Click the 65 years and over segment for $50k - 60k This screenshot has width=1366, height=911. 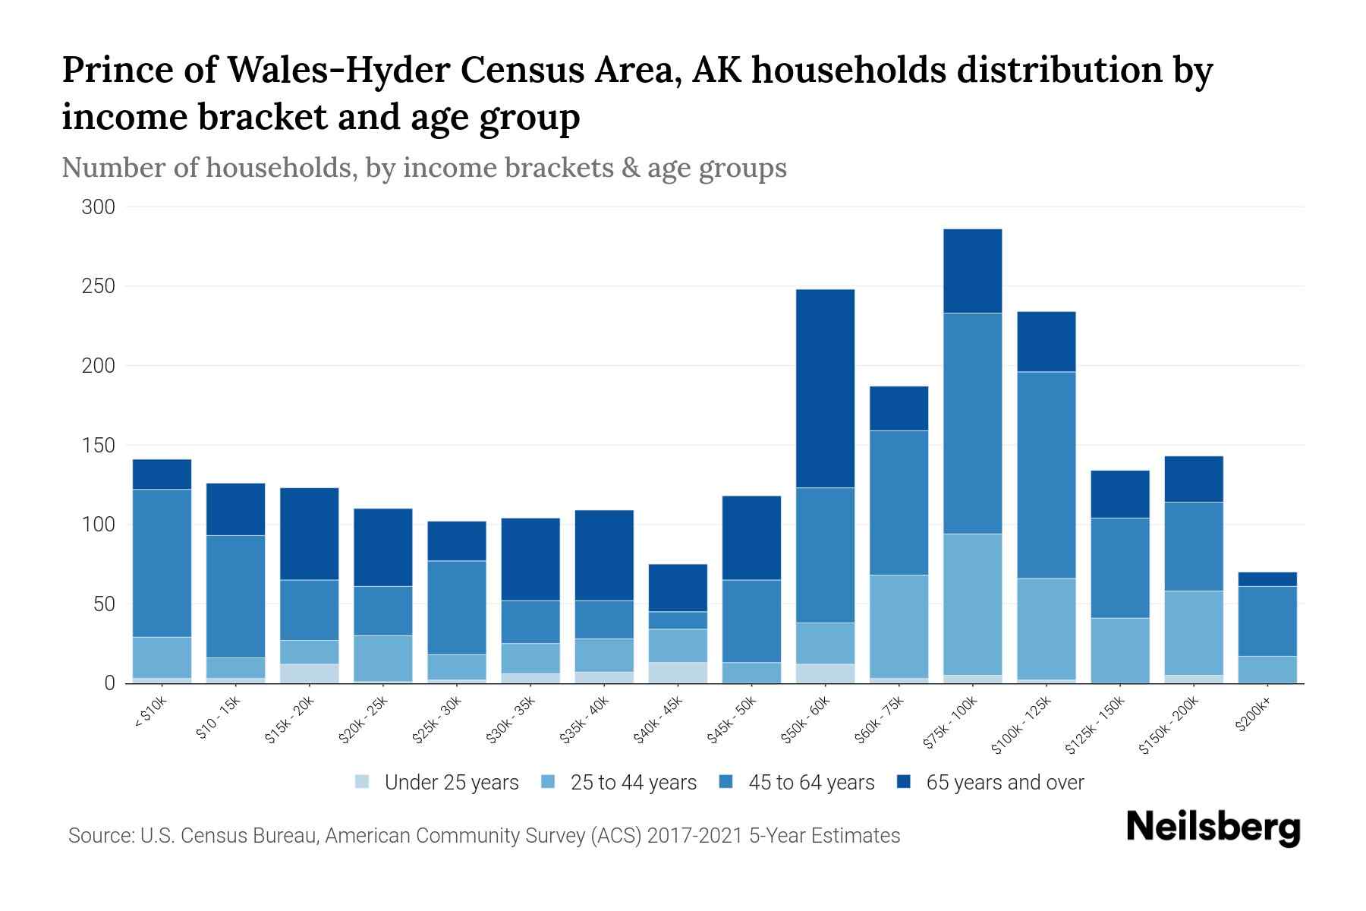825,388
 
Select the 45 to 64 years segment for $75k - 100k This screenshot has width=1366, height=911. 972,423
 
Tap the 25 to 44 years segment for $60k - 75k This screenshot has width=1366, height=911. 899,626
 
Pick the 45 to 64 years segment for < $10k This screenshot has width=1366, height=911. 162,563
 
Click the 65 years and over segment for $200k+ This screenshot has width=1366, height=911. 1267,579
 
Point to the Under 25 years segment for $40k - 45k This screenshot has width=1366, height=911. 678,673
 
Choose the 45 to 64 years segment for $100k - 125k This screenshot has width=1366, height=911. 1046,474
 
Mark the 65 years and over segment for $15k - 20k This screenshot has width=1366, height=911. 309,534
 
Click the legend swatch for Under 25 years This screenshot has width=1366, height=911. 363,782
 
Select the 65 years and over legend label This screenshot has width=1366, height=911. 1005,783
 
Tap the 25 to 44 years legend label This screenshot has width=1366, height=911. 633,783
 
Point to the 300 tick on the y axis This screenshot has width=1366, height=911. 98,207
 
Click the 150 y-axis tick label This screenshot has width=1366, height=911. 98,446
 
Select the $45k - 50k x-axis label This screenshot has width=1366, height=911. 732,721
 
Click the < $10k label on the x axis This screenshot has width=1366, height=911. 151,714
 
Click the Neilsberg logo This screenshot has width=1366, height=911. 1213,828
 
